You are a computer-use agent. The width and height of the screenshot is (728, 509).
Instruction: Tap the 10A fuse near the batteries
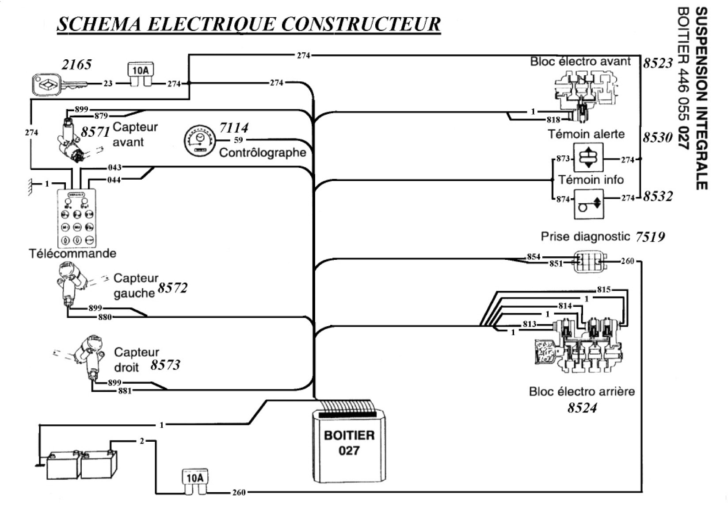[195, 481]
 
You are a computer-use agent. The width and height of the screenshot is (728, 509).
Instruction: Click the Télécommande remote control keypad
[77, 218]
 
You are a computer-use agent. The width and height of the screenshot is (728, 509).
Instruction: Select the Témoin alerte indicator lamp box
[587, 158]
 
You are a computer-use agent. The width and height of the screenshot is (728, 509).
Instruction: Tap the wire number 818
[553, 120]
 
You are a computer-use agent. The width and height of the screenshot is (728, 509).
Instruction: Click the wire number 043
[114, 168]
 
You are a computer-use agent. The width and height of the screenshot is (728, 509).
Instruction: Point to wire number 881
[125, 391]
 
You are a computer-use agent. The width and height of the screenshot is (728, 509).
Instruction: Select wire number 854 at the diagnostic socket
[534, 257]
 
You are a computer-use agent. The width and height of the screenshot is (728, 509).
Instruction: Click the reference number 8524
[582, 408]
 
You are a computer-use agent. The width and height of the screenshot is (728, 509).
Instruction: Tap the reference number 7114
[234, 128]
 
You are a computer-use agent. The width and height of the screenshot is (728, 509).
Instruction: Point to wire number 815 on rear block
[603, 290]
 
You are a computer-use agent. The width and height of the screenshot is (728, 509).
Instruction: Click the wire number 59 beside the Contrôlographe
[238, 140]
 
